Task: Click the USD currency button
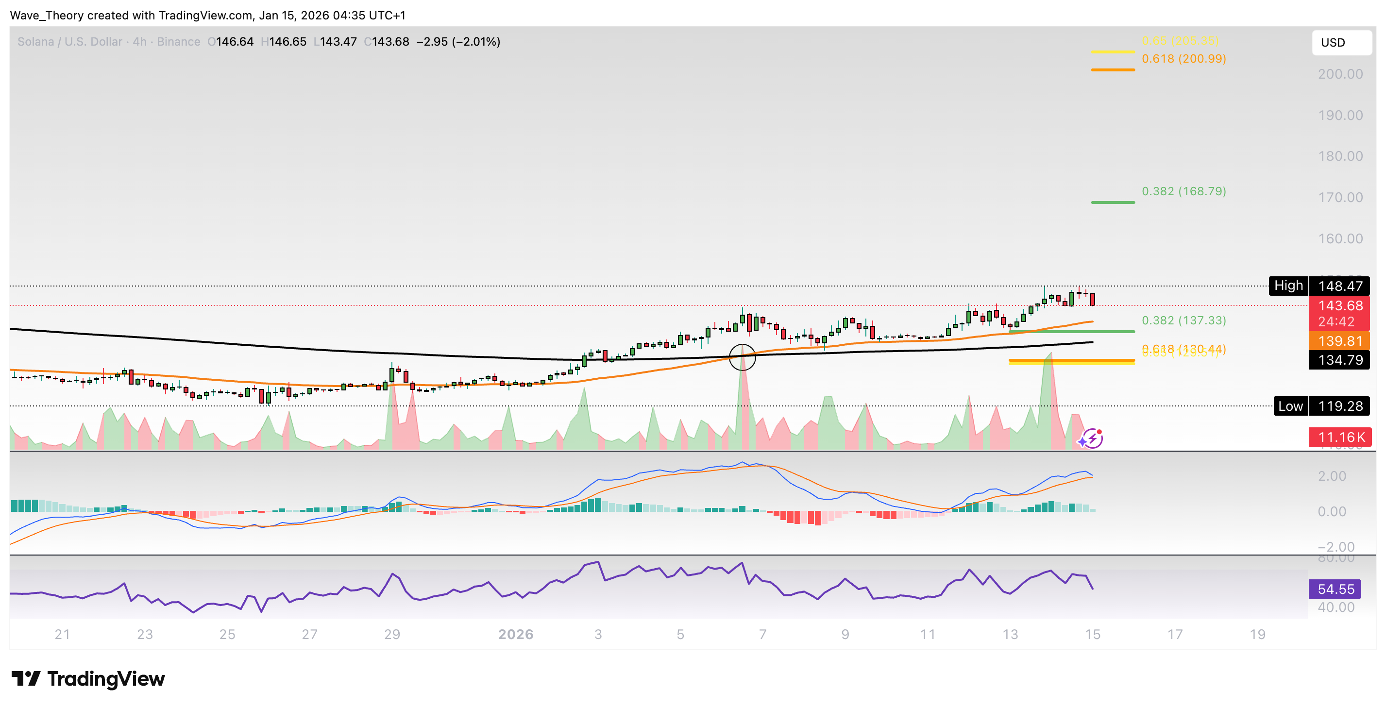click(1341, 43)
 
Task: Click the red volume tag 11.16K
click(1340, 437)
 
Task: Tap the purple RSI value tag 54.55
click(1335, 589)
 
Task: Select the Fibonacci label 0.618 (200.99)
click(1183, 59)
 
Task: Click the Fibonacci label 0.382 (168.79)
click(1183, 191)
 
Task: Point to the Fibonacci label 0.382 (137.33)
click(1183, 320)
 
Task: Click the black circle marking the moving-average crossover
click(742, 357)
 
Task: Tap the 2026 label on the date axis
click(515, 634)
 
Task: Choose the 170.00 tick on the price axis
click(1340, 198)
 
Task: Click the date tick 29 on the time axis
click(392, 634)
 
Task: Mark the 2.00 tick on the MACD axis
click(1332, 476)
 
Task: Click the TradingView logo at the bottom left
click(88, 679)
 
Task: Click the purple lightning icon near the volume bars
click(1092, 438)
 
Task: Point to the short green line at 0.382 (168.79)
click(1113, 202)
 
